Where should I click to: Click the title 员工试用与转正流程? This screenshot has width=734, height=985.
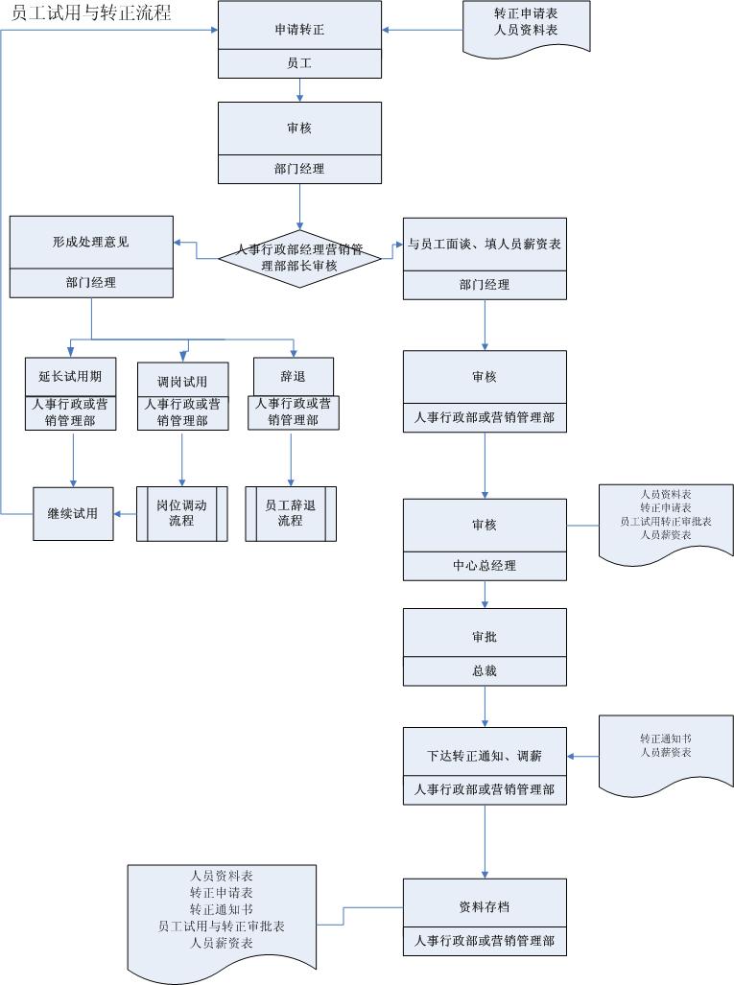[x=91, y=13]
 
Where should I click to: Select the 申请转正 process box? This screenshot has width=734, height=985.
[x=299, y=29]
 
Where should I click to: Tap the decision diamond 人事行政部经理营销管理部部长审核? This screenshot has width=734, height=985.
[x=299, y=257]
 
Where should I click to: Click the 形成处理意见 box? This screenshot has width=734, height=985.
[x=91, y=243]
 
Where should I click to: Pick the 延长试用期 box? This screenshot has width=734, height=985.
[x=70, y=376]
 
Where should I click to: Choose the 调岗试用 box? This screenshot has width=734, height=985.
[x=182, y=381]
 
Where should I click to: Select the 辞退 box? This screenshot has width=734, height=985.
[x=293, y=376]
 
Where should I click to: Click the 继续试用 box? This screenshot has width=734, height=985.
[x=72, y=514]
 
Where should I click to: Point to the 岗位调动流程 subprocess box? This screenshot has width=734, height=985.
[x=181, y=514]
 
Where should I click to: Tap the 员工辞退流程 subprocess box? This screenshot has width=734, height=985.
[x=291, y=514]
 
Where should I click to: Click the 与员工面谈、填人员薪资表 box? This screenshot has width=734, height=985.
[x=485, y=244]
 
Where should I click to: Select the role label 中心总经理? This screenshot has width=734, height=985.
[x=485, y=566]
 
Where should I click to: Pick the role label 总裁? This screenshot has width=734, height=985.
[x=485, y=671]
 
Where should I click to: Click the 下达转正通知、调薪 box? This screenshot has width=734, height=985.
[x=485, y=756]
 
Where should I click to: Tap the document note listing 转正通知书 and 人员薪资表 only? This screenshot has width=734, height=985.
[x=666, y=746]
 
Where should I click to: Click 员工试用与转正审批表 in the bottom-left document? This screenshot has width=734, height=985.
[x=222, y=926]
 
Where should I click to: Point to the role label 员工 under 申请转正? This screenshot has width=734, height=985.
[x=299, y=64]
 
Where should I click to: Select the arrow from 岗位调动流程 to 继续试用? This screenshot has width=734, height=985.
[x=124, y=514]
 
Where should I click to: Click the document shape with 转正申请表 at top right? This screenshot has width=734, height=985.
[x=526, y=23]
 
